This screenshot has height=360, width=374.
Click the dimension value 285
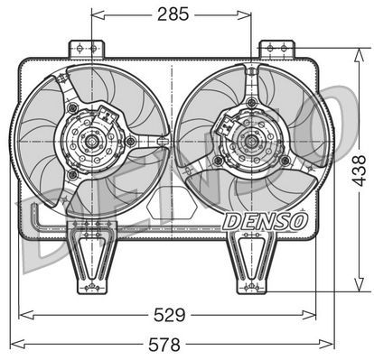click(x=173, y=15)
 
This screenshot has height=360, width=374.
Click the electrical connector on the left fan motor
click(x=109, y=115)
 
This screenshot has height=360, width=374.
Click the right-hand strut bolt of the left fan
click(x=132, y=141)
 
